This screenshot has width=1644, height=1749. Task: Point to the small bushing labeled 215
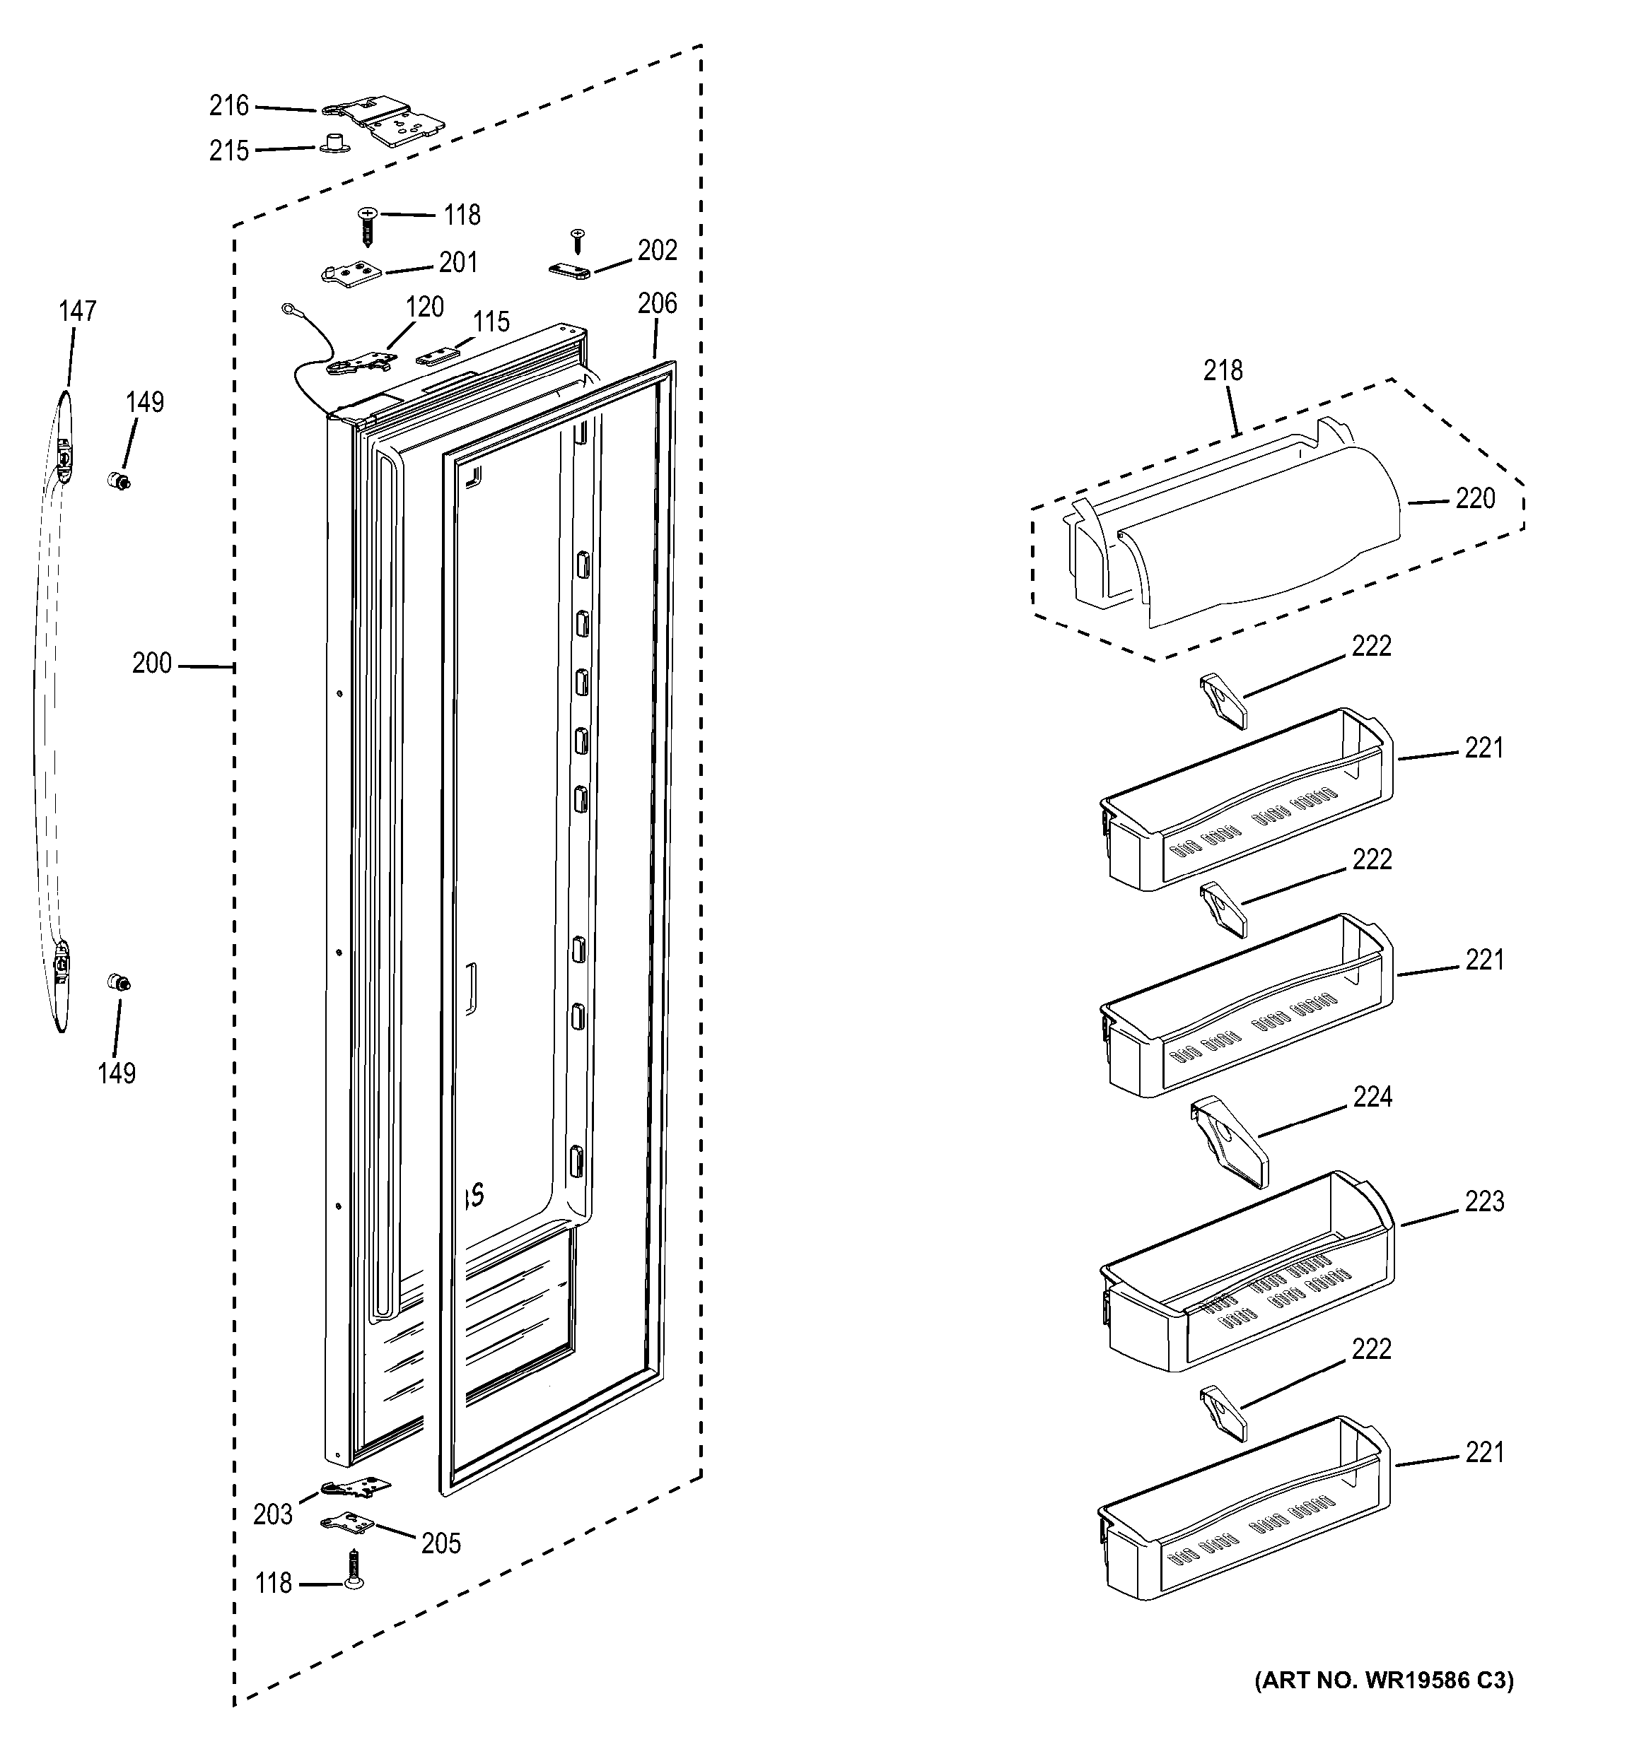point(332,143)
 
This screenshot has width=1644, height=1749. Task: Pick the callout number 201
point(457,262)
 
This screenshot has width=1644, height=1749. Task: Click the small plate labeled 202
point(571,269)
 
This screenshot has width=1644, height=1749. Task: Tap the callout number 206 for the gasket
point(658,304)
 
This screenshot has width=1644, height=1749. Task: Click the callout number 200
point(151,664)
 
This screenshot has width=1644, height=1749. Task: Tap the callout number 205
point(441,1543)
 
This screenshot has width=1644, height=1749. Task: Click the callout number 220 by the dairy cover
point(1475,499)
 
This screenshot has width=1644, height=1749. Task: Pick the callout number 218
point(1223,370)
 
